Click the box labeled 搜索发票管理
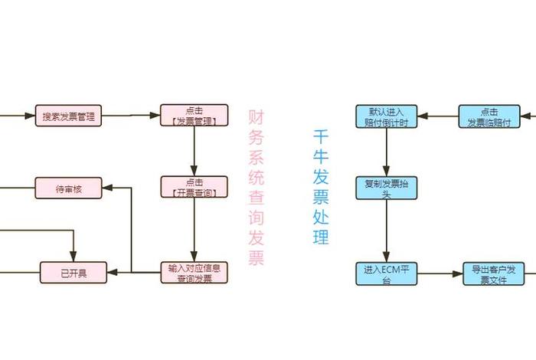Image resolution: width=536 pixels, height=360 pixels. coord(69,116)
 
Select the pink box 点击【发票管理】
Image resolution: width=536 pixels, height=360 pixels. coord(194,116)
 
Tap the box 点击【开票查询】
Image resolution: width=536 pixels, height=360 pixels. coord(194,187)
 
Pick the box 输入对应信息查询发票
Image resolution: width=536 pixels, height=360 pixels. coord(194,273)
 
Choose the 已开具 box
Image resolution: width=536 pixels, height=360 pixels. coord(74,272)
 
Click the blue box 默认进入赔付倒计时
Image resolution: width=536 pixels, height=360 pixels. coord(386,116)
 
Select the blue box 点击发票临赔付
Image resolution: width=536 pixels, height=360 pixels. coord(495,116)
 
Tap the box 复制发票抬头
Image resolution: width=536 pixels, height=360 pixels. coord(386,188)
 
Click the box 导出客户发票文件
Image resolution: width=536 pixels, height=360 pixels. coord(495,274)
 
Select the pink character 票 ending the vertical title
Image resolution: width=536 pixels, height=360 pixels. coord(256,257)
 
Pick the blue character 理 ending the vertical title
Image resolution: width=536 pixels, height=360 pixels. coord(321,237)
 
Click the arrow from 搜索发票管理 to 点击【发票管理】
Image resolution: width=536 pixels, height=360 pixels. coord(131,116)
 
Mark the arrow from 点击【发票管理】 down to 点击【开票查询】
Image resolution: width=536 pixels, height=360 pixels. coord(194,152)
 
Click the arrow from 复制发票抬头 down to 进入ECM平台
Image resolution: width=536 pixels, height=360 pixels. coord(386,231)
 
